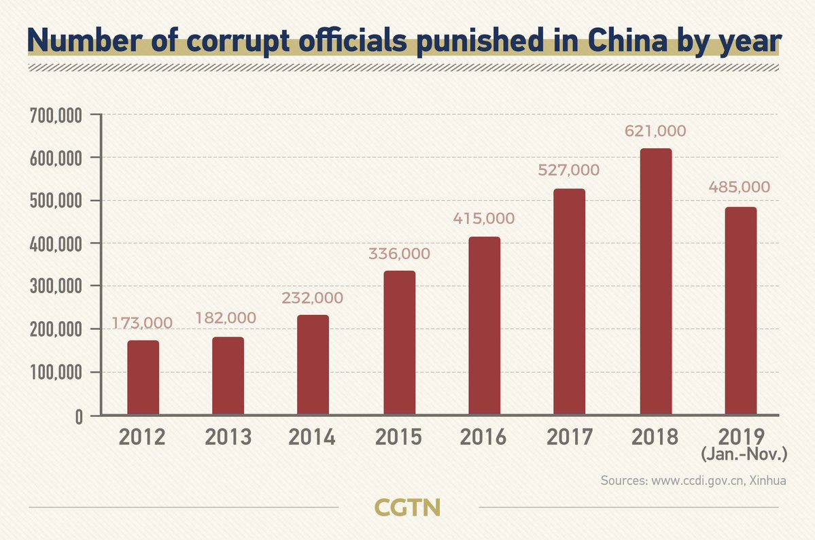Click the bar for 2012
click(143, 377)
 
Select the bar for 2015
click(399, 343)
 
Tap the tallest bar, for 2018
click(655, 282)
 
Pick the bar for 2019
click(740, 311)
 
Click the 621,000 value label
click(655, 131)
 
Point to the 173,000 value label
click(143, 323)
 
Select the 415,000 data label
click(484, 220)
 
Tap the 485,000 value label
click(740, 187)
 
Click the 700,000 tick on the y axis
click(56, 116)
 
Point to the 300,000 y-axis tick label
click(56, 286)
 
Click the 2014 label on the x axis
click(312, 437)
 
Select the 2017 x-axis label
click(569, 437)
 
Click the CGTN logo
click(408, 507)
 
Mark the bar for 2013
click(228, 376)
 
